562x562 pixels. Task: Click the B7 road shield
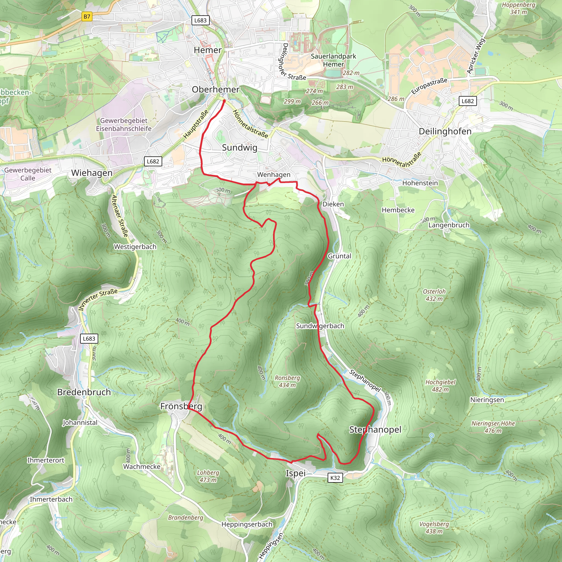(87, 16)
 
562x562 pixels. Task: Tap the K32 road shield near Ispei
(335, 478)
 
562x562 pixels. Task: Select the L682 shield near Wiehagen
(153, 161)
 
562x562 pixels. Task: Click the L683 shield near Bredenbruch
(89, 339)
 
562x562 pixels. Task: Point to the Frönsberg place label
(181, 406)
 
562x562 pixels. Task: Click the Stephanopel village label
(375, 430)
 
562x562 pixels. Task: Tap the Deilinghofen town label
(445, 131)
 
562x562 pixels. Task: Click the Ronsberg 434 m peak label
(287, 381)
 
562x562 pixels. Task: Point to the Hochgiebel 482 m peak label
(440, 386)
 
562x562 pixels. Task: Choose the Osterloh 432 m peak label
(434, 295)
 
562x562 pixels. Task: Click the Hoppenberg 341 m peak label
(518, 9)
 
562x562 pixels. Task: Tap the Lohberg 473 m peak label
(208, 476)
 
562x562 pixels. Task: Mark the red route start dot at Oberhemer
(224, 101)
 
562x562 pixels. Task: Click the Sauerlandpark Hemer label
(333, 60)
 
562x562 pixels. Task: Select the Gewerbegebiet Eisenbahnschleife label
(124, 125)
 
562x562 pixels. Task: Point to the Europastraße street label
(429, 86)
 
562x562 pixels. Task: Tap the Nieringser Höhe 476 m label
(493, 427)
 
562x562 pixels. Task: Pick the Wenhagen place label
(274, 175)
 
